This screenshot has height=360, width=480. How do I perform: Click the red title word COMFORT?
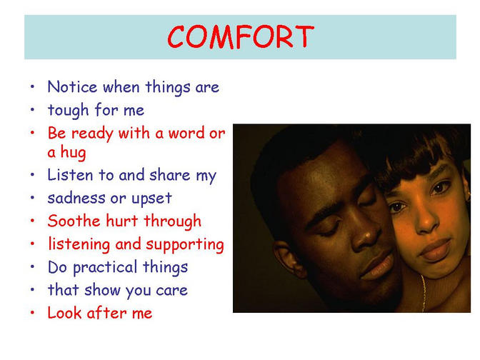tap(241, 37)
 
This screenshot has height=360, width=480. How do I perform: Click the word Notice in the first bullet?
tap(72, 87)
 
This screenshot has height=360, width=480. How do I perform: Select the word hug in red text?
tap(73, 152)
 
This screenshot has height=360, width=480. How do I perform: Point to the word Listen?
tap(70, 175)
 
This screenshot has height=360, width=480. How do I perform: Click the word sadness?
tap(76, 199)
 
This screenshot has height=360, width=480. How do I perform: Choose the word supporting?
tap(185, 245)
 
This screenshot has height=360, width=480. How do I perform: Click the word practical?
tap(105, 268)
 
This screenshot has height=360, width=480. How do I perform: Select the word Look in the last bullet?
tap(64, 313)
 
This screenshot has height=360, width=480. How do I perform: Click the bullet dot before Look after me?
tap(32, 313)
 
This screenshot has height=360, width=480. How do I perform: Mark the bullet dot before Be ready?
tap(32, 133)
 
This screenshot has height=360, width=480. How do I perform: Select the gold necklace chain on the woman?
tap(424, 293)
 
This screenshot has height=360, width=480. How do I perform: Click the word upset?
tap(151, 199)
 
